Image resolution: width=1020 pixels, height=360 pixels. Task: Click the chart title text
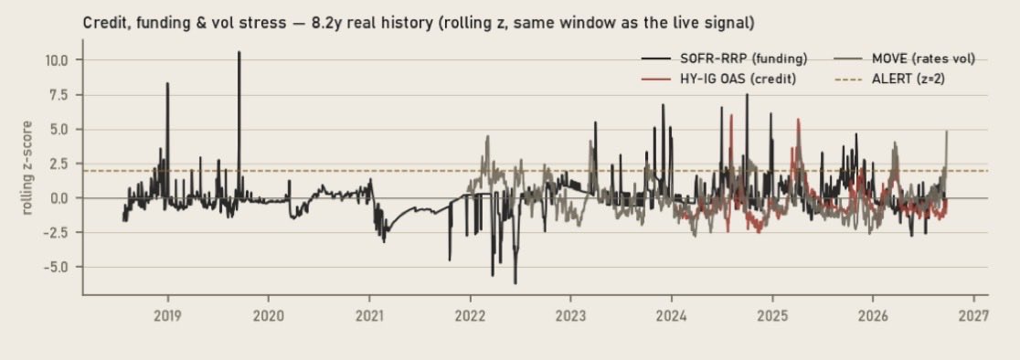pyautogui.click(x=419, y=24)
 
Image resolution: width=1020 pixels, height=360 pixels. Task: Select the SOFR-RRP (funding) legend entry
pyautogui.click(x=724, y=59)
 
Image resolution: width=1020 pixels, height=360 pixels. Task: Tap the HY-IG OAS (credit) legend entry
pyautogui.click(x=718, y=79)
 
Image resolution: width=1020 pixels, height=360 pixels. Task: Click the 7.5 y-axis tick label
pyautogui.click(x=58, y=95)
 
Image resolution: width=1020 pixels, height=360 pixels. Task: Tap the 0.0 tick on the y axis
pyautogui.click(x=58, y=198)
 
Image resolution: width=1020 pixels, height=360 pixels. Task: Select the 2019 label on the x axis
pyautogui.click(x=168, y=316)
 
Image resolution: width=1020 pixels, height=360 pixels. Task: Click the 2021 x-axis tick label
pyautogui.click(x=369, y=316)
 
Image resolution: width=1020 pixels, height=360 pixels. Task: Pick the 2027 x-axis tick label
pyautogui.click(x=973, y=316)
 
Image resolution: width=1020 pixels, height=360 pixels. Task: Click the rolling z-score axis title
pyautogui.click(x=27, y=167)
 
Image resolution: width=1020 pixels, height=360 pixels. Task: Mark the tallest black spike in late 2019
pyautogui.click(x=239, y=53)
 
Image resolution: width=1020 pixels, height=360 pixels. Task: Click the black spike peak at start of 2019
pyautogui.click(x=168, y=83)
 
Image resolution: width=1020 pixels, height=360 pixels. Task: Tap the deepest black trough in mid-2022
pyautogui.click(x=515, y=283)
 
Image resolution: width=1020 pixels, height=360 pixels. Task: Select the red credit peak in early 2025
pyautogui.click(x=798, y=120)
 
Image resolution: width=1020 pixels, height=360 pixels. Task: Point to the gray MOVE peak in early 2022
pyautogui.click(x=487, y=136)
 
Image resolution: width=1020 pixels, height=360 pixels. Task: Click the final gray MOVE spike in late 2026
pyautogui.click(x=947, y=132)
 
